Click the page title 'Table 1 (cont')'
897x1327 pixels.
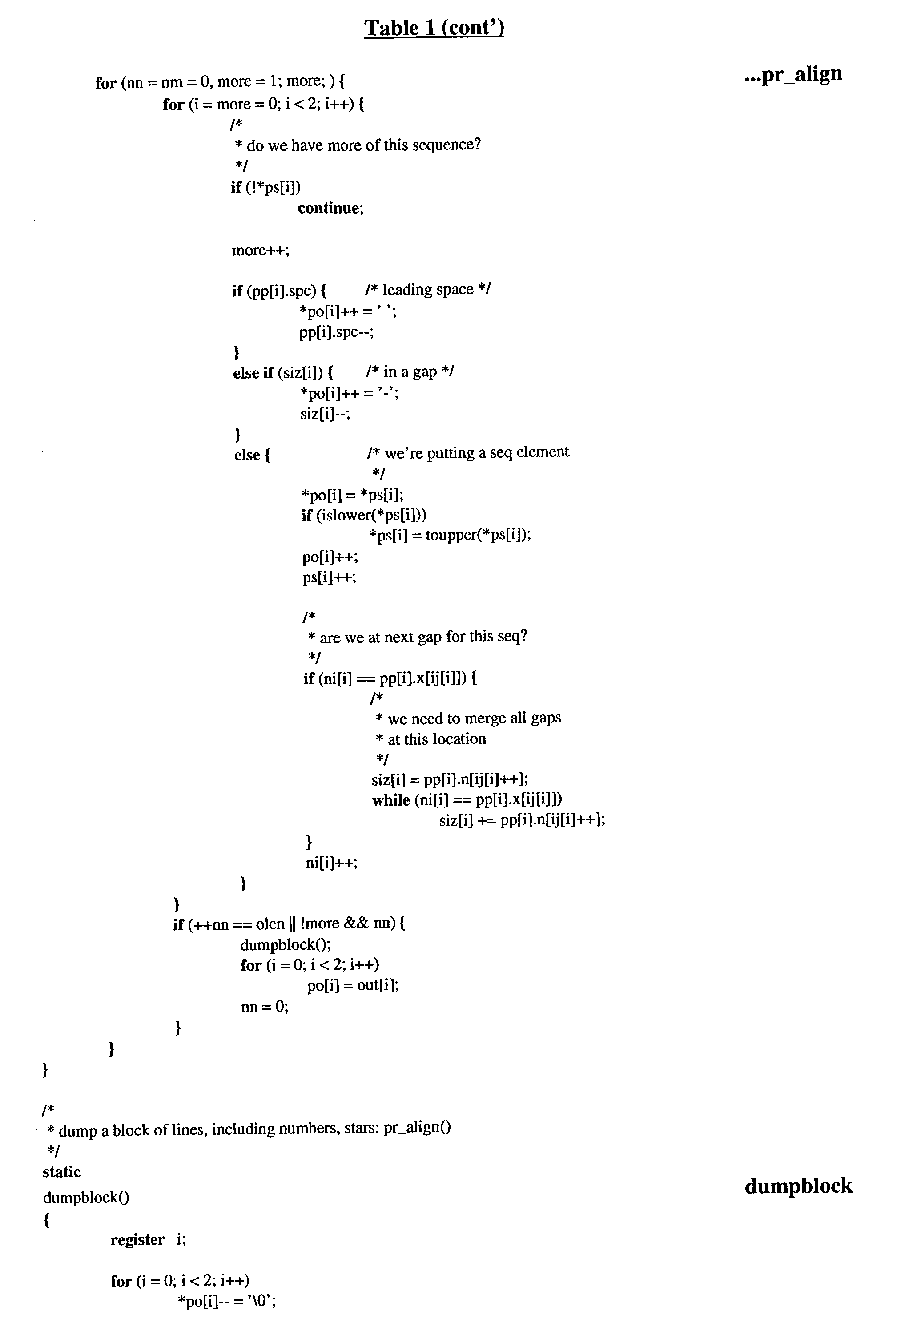click(434, 28)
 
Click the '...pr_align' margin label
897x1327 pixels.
click(793, 74)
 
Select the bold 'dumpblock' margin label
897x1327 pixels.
click(798, 1186)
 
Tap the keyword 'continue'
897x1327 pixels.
click(330, 208)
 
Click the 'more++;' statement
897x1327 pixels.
click(260, 250)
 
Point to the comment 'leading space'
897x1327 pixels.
click(428, 290)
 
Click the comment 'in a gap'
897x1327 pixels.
click(410, 372)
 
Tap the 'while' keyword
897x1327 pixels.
click(391, 800)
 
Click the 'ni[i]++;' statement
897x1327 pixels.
click(331, 862)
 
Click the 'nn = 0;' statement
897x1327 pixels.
click(264, 1006)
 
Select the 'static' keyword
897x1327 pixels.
click(62, 1172)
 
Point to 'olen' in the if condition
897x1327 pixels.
click(270, 924)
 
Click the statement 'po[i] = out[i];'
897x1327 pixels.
click(353, 985)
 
